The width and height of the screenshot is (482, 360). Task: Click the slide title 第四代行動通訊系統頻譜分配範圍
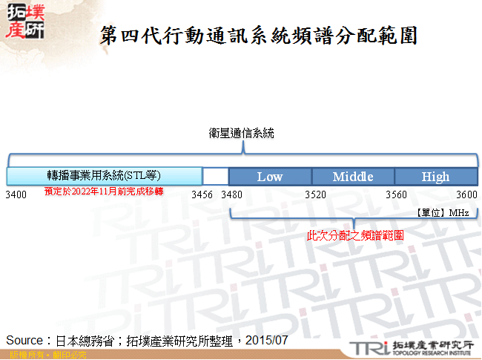click(x=257, y=35)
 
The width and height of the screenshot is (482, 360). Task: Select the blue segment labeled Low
click(x=270, y=177)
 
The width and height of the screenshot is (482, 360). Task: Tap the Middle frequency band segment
click(x=352, y=177)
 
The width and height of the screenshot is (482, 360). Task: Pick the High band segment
click(x=435, y=177)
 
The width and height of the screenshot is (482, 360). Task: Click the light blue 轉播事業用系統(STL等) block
click(x=104, y=176)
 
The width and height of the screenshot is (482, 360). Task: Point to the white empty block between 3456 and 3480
click(x=215, y=177)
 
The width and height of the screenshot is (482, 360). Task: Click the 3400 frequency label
click(x=16, y=194)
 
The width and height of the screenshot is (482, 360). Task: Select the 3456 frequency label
click(x=202, y=194)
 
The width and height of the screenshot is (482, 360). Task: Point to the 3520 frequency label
click(x=315, y=194)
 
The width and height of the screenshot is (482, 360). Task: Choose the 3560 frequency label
click(x=397, y=194)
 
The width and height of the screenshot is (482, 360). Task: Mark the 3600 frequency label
click(x=466, y=194)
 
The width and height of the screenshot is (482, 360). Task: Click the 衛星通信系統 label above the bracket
click(x=242, y=134)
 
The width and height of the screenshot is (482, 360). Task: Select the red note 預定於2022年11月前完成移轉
click(x=103, y=192)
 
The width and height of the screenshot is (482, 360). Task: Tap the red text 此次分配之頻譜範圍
click(x=355, y=235)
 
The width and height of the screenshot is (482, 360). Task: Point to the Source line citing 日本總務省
click(x=146, y=340)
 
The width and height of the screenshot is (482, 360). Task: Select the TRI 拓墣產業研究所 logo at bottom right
click(x=410, y=347)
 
